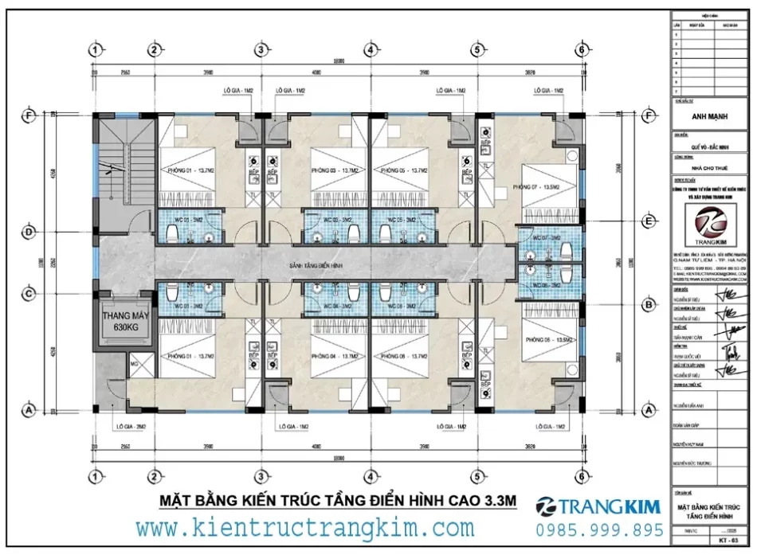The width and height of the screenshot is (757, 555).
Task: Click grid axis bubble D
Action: coord(29,233)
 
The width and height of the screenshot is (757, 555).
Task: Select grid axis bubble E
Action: coord(649,221)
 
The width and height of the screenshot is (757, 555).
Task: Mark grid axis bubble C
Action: coord(29,295)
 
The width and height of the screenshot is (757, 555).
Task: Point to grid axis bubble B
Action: coord(649,305)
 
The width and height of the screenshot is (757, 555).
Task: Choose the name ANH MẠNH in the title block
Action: coord(711,116)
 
